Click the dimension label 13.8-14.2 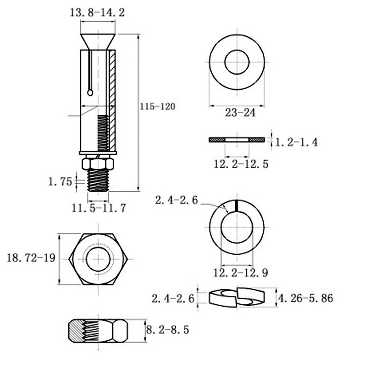tap(97, 13)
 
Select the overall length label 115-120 tap(158, 107)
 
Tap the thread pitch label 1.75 tap(60, 182)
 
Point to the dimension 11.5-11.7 tap(99, 208)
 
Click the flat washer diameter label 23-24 tap(240, 113)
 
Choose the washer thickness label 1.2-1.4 tap(296, 143)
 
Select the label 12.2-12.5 tap(241, 164)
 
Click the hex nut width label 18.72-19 tap(31, 258)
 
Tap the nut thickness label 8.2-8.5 tap(167, 330)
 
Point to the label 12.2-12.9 tap(241, 273)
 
